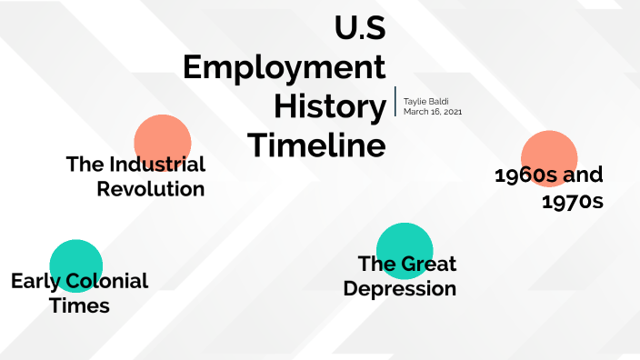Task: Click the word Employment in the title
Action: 284,68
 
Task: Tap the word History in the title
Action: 329,106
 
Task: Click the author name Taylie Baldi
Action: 427,101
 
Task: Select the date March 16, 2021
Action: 433,112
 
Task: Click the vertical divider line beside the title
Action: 395,102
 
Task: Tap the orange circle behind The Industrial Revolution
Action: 162,136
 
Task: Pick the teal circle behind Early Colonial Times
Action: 75,259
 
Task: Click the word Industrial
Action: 156,165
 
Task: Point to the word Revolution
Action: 151,189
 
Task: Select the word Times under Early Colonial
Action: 80,305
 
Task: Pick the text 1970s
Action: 572,201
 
